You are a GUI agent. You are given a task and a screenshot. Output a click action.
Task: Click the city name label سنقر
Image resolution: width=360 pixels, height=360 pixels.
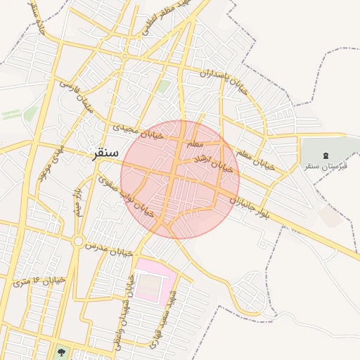pyautogui.click(x=104, y=153)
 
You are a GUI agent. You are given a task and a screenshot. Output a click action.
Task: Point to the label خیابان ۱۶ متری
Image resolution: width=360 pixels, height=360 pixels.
pyautogui.click(x=39, y=281)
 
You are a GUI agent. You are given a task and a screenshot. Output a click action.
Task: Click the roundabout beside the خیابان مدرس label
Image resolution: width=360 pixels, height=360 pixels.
pyautogui.click(x=77, y=241)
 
